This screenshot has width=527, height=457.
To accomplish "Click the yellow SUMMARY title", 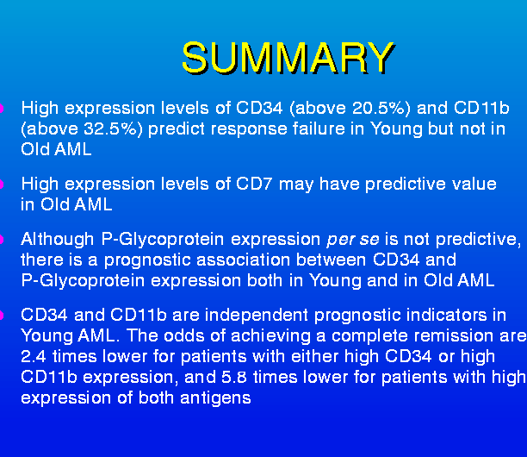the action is pos(288,58).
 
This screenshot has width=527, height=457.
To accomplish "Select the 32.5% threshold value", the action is pos(110,128).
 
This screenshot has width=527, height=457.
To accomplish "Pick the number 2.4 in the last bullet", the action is pos(34,357).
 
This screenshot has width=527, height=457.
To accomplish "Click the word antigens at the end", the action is pos(215,399).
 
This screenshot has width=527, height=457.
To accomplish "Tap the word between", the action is pos(332,260).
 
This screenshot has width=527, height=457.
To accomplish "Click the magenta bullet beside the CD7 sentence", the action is pos(2,185).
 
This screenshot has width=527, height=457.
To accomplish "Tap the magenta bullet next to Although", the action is pos(2,240).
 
